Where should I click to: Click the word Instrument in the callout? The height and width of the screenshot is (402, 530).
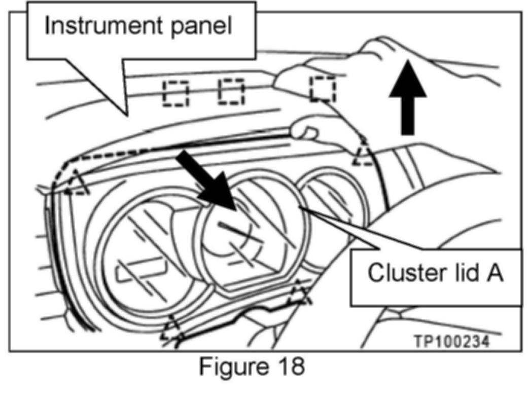point(103,25)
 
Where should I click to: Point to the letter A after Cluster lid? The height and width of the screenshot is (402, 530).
point(494,272)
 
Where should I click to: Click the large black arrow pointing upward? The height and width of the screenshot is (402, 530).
point(407,97)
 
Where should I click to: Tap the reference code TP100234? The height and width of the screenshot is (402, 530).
point(452,342)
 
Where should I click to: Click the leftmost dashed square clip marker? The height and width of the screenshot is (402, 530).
point(176,93)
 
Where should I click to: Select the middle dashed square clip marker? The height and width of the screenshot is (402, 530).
point(231,92)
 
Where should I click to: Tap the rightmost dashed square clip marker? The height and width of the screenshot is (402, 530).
point(323,89)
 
